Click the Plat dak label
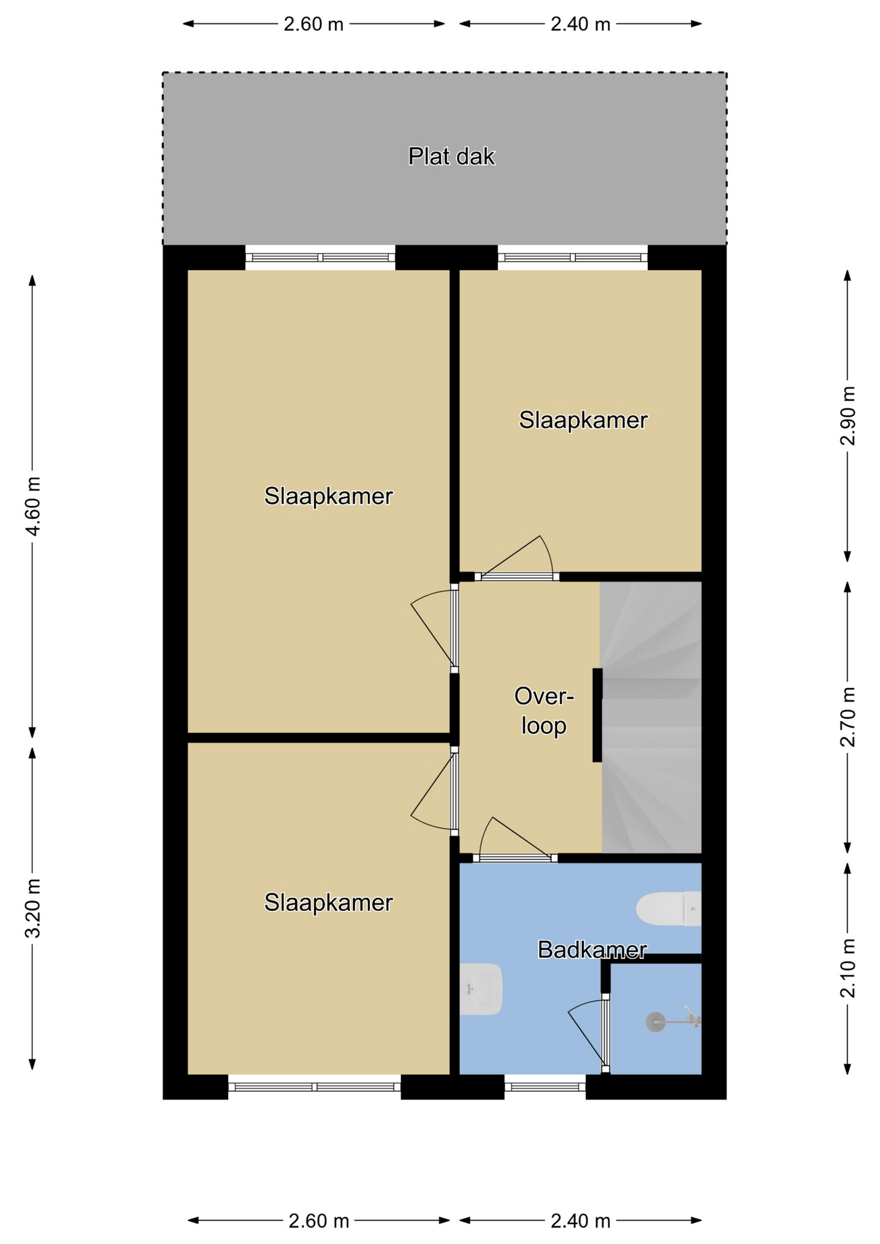[x=451, y=156]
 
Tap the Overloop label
[x=544, y=711]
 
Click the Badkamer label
[x=592, y=950]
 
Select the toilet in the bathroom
[x=668, y=908]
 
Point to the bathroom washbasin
[x=481, y=989]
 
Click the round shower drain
[x=656, y=1022]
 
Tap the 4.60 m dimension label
[x=32, y=506]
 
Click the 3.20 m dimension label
[x=32, y=908]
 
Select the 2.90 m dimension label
[x=848, y=416]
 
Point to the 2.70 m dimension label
[x=848, y=717]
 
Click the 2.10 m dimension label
[x=848, y=968]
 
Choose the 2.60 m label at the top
[x=314, y=24]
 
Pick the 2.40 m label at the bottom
[x=581, y=1221]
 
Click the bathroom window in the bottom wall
[x=545, y=1087]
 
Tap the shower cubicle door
[x=605, y=1033]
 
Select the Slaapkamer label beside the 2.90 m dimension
[x=583, y=420]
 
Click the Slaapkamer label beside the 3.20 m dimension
[x=329, y=903]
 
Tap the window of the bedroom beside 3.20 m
[x=314, y=1087]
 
